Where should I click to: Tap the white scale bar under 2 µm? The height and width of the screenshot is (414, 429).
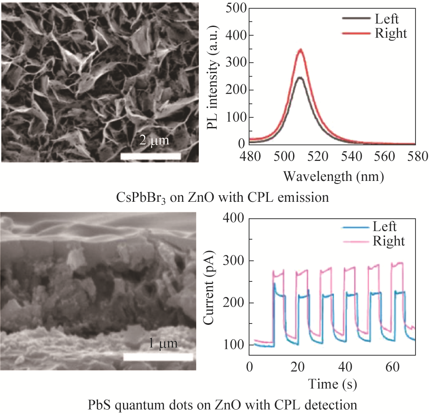(150, 156)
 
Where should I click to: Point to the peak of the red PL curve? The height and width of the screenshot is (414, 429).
(300, 50)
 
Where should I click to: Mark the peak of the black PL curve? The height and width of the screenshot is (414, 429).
(300, 78)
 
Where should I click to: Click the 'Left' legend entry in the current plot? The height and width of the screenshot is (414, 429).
(384, 227)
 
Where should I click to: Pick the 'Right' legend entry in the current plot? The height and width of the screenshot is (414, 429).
(389, 240)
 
